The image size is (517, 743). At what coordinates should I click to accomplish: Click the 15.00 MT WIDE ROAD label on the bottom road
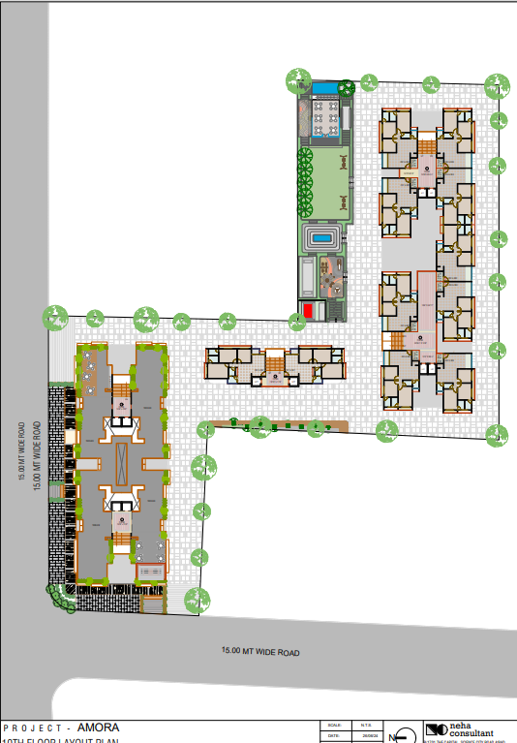click(260, 652)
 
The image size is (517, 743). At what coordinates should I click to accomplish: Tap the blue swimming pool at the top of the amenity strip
click(324, 89)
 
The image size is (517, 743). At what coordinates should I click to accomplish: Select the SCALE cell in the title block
click(335, 725)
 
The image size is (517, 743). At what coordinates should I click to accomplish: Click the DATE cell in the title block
click(335, 736)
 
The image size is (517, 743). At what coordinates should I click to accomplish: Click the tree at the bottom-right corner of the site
click(498, 437)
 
